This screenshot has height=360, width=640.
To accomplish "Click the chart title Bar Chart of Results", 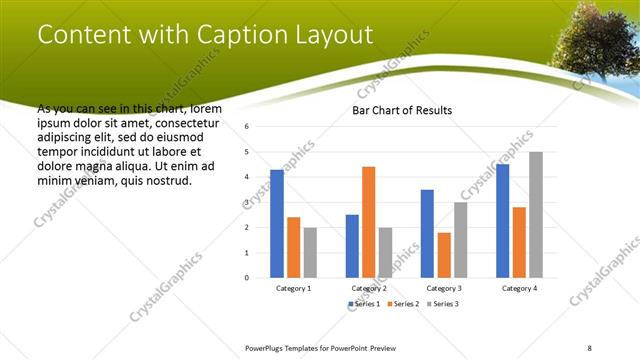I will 401,110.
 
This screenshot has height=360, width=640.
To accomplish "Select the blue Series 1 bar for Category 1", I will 277,223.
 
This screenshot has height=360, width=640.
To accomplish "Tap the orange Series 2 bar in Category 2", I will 368,221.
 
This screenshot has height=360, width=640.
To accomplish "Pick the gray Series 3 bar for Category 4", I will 536,214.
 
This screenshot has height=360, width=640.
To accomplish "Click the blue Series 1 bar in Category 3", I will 427,233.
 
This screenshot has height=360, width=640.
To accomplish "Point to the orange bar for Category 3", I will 444,254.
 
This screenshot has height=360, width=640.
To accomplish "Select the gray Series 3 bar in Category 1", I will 310,252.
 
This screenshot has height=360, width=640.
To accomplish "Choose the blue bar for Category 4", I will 502,220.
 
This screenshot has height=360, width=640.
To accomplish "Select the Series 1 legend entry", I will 365,303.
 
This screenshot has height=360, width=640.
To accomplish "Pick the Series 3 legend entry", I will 443,303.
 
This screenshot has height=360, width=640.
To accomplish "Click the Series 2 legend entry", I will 404,303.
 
